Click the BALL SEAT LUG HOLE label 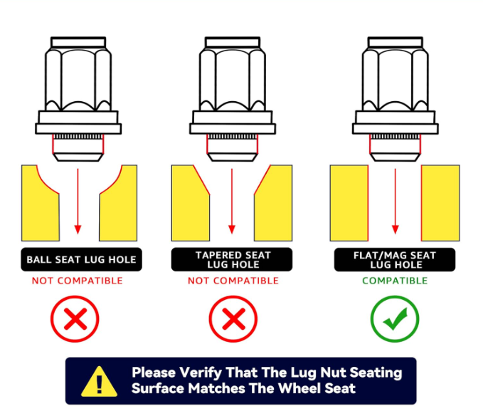pos(81,259)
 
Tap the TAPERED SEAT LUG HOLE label pos(232,259)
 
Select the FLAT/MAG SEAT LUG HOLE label pos(395,260)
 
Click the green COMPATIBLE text pos(395,281)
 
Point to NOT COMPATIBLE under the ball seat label pos(78,281)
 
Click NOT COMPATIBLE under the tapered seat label pos(233,281)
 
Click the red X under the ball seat pos(75,319)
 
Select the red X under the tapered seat pos(233,319)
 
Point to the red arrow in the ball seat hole pos(78,201)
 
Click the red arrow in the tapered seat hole pos(232,201)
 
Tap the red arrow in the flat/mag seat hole pos(396,201)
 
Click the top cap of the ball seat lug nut pos(78,42)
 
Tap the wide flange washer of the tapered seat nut pos(233,129)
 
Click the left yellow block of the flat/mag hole pos(349,203)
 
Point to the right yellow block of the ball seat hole pos(118,203)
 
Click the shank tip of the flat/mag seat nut pos(396,157)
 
